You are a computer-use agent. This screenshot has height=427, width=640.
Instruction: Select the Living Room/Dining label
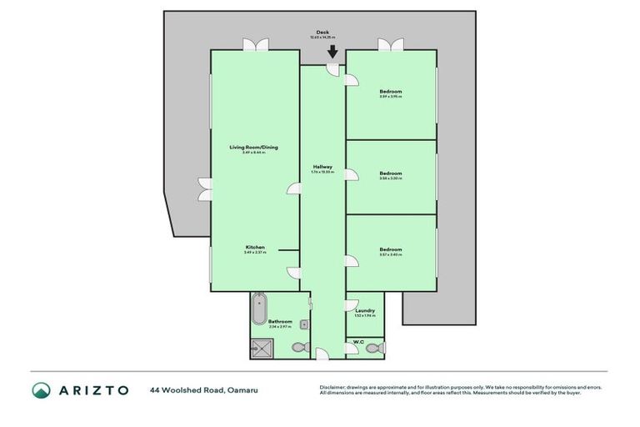[253, 148]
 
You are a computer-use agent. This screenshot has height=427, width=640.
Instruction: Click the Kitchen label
[254, 247]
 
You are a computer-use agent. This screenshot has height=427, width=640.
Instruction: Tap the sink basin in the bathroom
[304, 324]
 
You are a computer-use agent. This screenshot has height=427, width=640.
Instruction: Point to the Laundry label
[365, 310]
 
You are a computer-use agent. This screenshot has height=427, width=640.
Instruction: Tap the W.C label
[357, 341]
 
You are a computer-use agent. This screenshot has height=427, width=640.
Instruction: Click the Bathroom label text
[280, 322]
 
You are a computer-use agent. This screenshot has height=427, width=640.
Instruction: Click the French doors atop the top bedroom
[390, 44]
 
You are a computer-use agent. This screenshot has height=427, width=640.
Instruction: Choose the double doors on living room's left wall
[203, 189]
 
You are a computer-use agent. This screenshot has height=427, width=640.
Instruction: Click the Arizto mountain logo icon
[42, 390]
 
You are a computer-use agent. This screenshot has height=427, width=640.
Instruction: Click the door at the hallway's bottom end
[322, 354]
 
